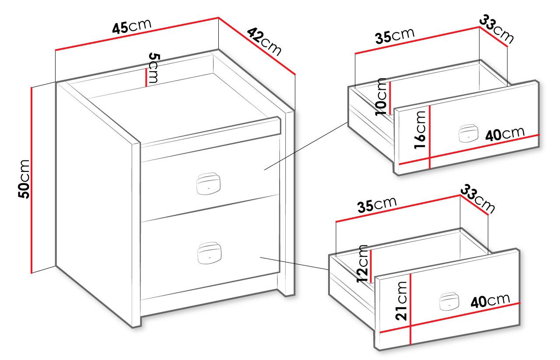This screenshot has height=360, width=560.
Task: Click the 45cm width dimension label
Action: click(132, 26)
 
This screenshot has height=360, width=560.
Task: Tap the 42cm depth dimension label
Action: click(264, 42)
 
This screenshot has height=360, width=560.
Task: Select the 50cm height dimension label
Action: click(24, 179)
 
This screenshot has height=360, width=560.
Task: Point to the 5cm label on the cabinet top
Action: click(153, 67)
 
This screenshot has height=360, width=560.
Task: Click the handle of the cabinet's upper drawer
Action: click(208, 184)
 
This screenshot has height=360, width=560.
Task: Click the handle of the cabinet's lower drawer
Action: click(209, 253)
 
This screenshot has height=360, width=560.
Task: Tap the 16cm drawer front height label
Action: click(420, 130)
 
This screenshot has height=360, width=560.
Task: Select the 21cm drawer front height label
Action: click(401, 301)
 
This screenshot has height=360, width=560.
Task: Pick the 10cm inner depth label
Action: click(381, 97)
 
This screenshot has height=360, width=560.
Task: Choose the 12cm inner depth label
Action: click(362, 264)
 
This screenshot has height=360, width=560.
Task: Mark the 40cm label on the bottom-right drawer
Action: click(490, 301)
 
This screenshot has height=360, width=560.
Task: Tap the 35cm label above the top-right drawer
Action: click(395, 36)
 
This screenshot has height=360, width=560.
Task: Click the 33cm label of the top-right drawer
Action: click(497, 29)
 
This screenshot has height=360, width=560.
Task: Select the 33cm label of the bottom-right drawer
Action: click(477, 199)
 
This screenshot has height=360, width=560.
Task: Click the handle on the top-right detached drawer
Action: click(468, 133)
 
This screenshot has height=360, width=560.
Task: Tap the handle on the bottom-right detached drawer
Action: click(449, 301)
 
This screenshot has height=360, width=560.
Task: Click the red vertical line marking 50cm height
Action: click(32, 180)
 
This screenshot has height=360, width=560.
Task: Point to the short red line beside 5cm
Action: click(146, 77)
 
